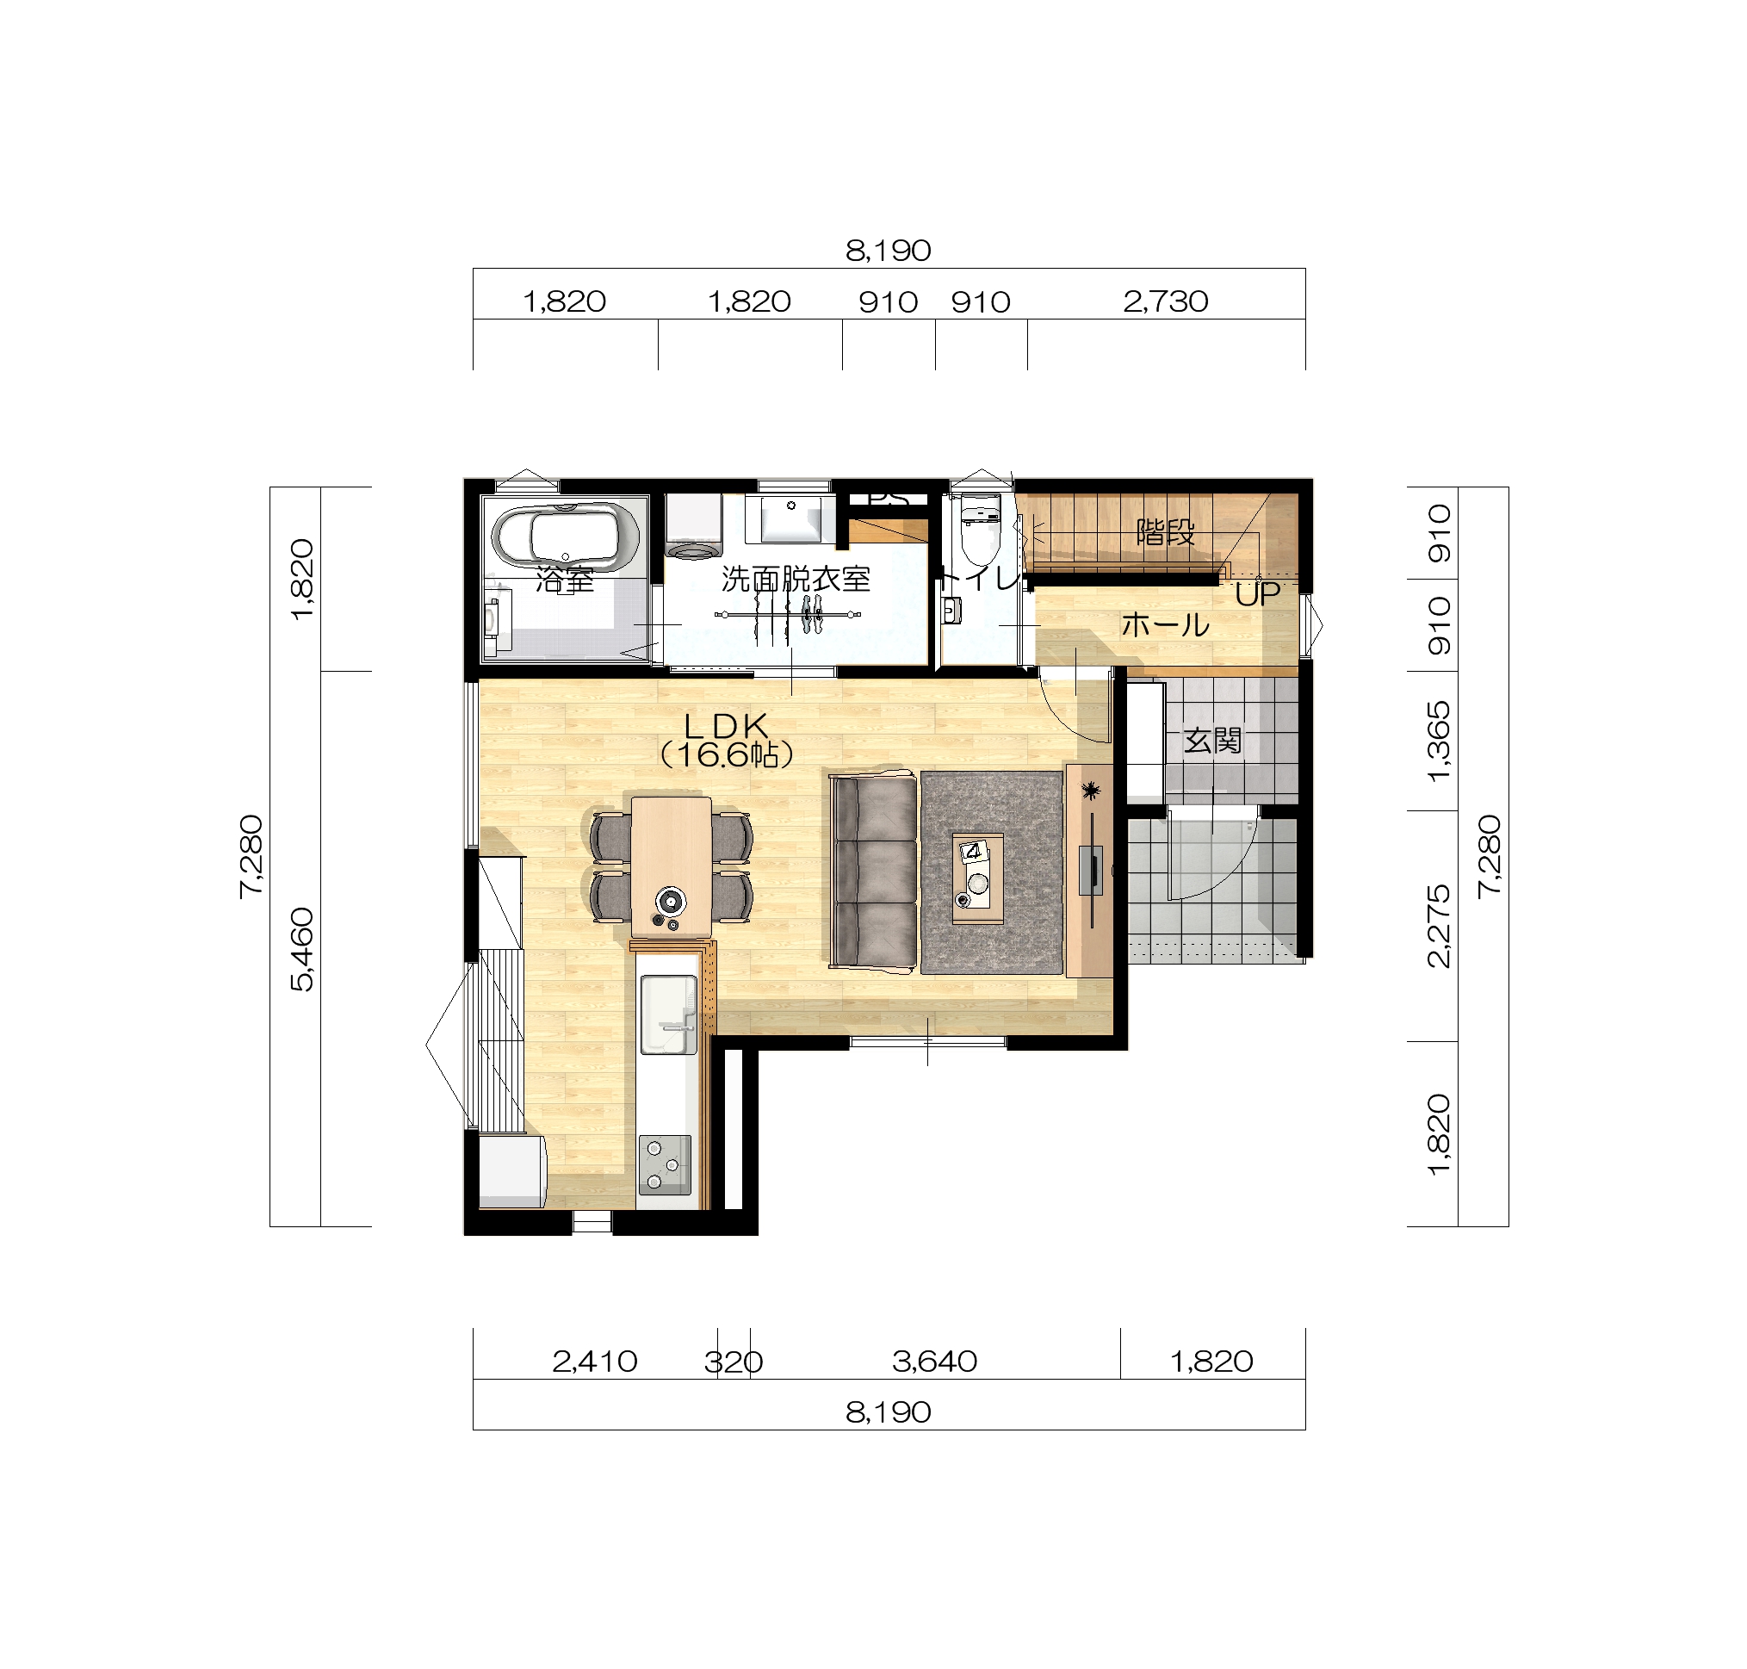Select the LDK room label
[x=725, y=740]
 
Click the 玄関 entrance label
[x=1211, y=740]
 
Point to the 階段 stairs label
[x=1165, y=533]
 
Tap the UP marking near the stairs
[x=1257, y=594]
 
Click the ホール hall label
[x=1165, y=624]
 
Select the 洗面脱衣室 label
[x=795, y=580]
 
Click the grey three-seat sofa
[x=872, y=872]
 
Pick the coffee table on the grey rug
[x=977, y=878]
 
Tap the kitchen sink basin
[x=668, y=1014]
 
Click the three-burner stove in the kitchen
[x=665, y=1164]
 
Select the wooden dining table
[x=671, y=867]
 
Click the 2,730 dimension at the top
[x=1165, y=301]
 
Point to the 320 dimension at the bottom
[x=733, y=1362]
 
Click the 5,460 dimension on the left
[x=302, y=948]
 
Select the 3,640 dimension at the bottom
[x=934, y=1362]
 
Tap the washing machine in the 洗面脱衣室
[x=694, y=527]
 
